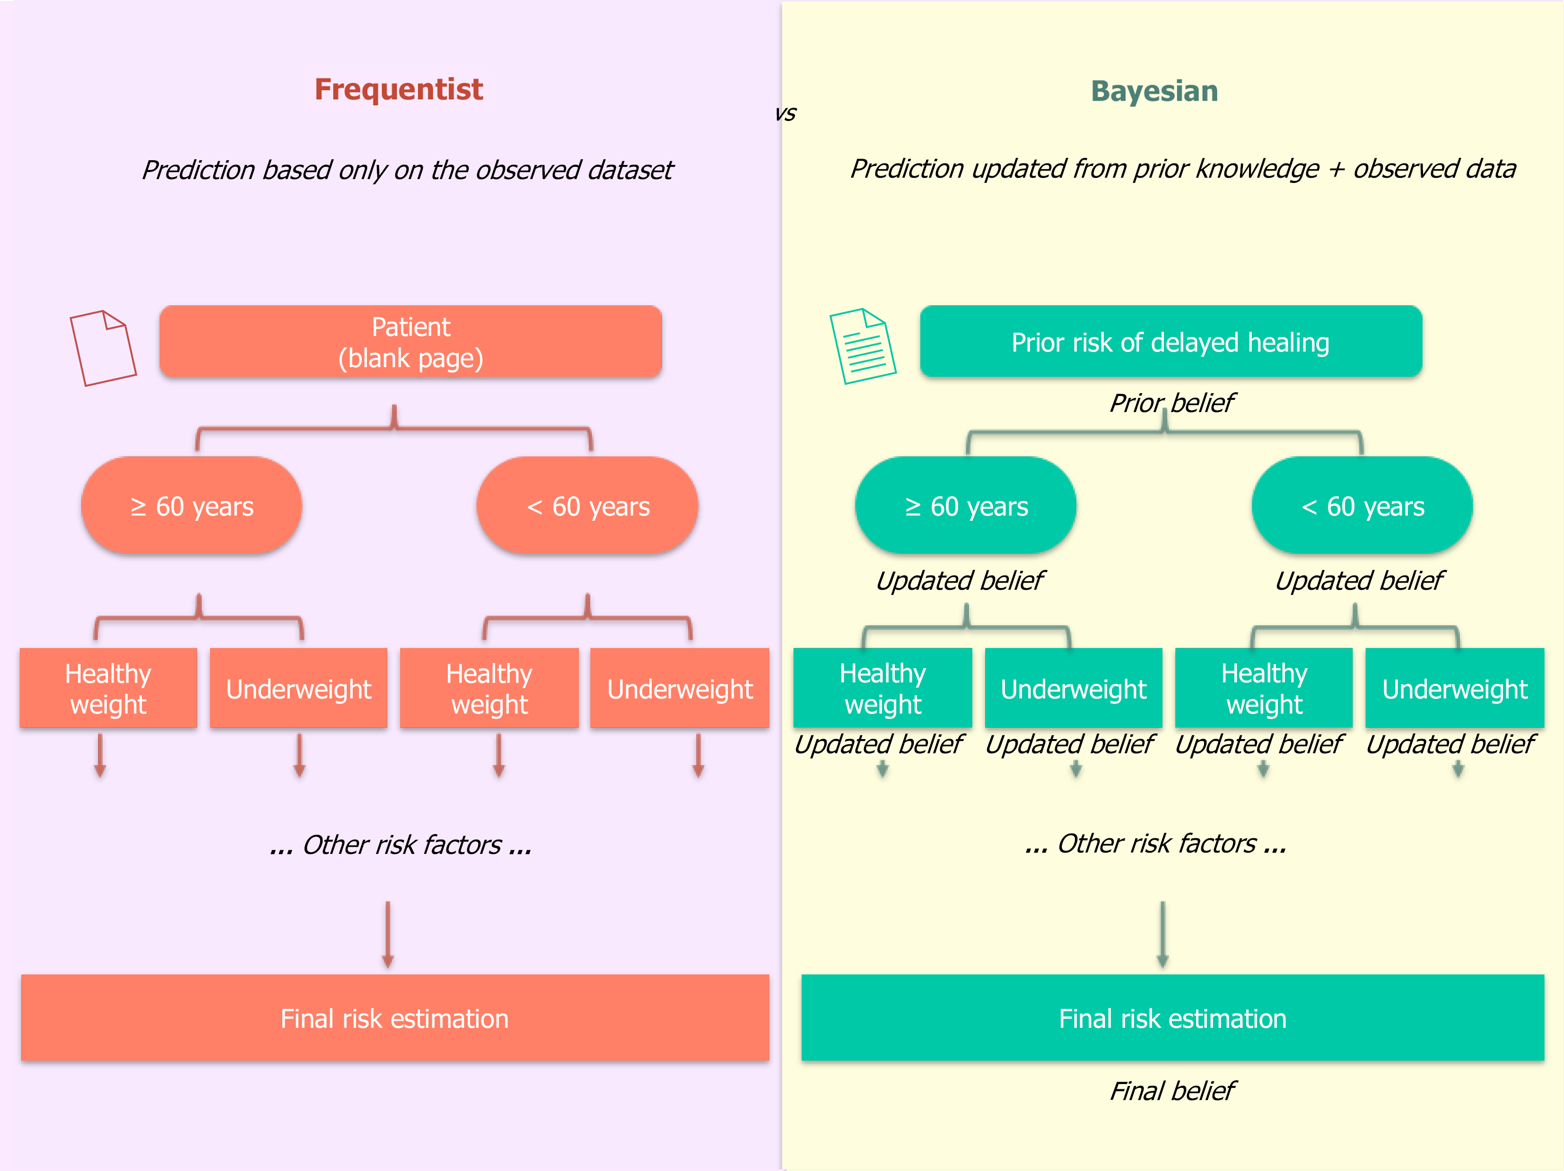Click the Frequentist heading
(399, 90)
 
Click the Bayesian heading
(1154, 91)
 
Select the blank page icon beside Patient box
(103, 348)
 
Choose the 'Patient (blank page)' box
(411, 342)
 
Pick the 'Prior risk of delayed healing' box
(1171, 342)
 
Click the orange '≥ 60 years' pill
(192, 506)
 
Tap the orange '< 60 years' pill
(587, 506)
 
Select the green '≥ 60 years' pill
(966, 506)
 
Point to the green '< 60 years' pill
(1363, 506)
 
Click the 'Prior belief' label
(1171, 403)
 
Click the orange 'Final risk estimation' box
(394, 1018)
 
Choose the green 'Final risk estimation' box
(1172, 1018)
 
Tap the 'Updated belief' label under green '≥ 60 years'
(960, 580)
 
